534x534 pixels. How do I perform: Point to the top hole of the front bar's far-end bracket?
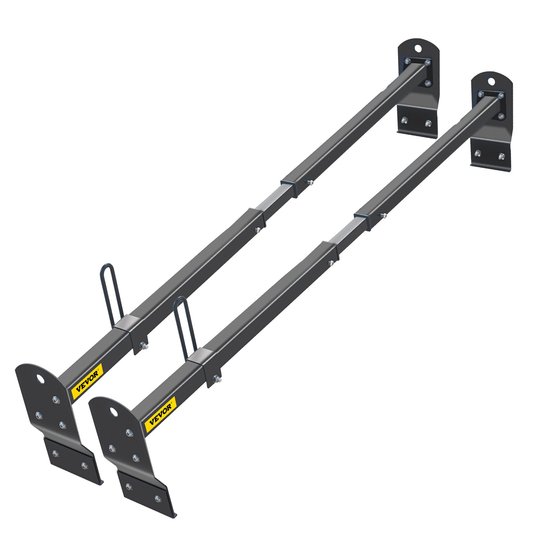coord(491,81)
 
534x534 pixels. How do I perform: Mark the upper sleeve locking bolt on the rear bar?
coord(310,182)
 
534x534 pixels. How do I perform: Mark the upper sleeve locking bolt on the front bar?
coord(383,215)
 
